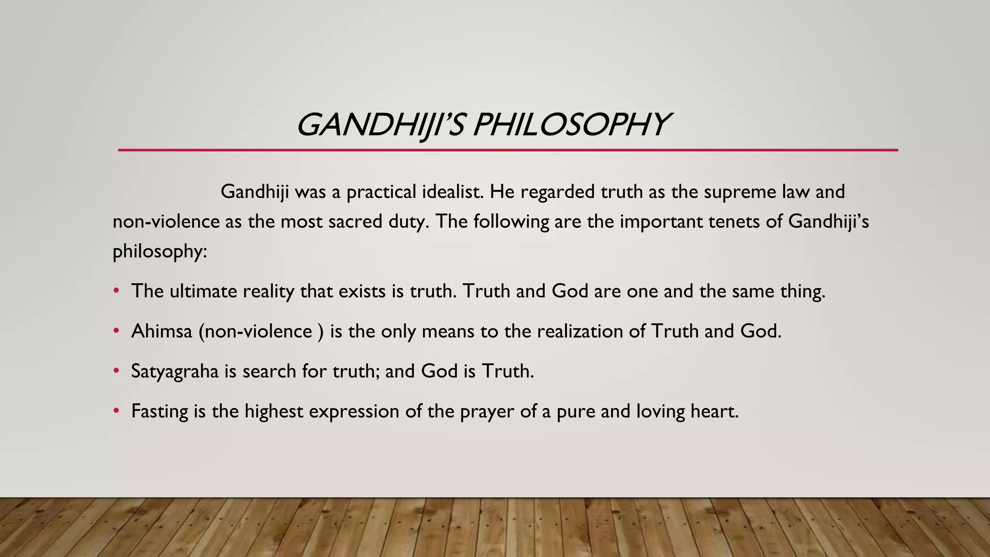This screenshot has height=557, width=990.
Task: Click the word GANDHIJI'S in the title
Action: (x=380, y=125)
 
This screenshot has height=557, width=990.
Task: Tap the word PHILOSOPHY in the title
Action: (x=570, y=125)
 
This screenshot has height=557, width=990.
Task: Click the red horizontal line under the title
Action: (x=508, y=150)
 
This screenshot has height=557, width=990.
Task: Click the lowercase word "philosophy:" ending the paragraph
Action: (x=160, y=251)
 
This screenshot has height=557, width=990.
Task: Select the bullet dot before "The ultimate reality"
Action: (x=116, y=291)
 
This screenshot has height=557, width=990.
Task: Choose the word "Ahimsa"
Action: (x=161, y=331)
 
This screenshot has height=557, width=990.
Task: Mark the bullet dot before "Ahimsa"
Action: (x=116, y=331)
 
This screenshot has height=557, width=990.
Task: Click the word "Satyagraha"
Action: (x=175, y=372)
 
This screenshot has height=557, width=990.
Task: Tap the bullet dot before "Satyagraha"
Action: (x=116, y=371)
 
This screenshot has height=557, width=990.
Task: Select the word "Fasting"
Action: (x=160, y=412)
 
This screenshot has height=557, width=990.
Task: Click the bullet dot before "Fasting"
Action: (x=116, y=411)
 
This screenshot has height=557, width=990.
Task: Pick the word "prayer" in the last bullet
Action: (x=487, y=412)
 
